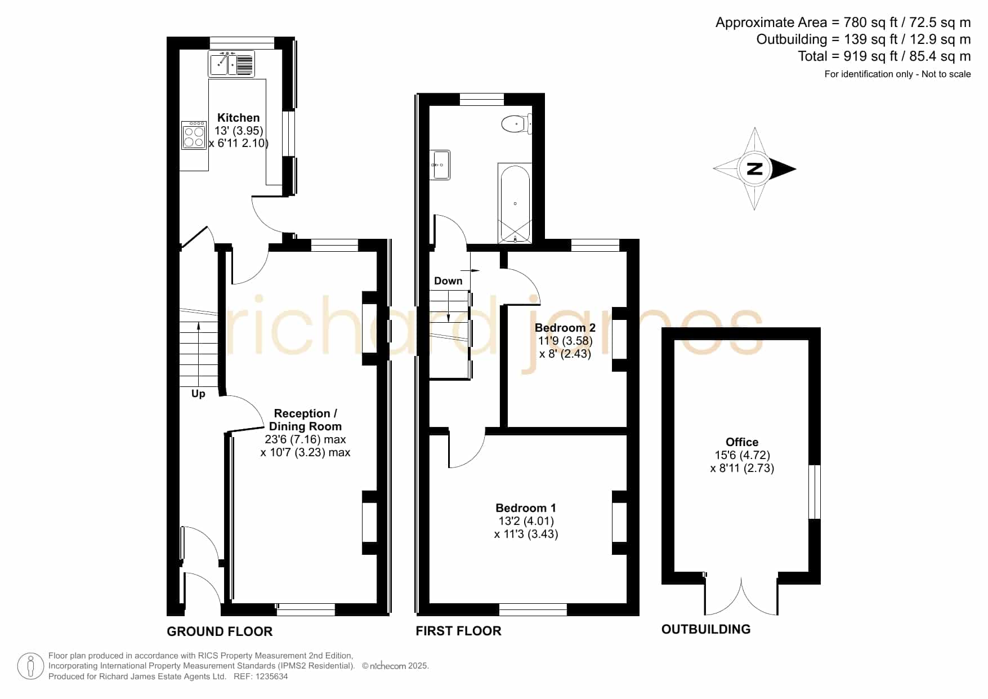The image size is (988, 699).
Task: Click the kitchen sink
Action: (231, 64)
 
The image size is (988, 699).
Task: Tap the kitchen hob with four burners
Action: (194, 135)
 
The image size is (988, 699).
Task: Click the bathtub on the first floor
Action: (515, 203)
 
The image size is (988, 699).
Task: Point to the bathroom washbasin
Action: (440, 164)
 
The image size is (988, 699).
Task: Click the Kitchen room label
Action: (239, 118)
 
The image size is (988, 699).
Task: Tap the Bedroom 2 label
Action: (565, 328)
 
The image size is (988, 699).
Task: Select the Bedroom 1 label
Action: (526, 508)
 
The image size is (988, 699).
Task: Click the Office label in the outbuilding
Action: (742, 442)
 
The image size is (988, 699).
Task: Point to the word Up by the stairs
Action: (198, 394)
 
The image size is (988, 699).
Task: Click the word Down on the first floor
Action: (448, 281)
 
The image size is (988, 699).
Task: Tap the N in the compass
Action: (754, 168)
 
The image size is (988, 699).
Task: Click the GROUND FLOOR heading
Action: (220, 631)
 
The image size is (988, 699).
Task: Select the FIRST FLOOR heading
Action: (458, 631)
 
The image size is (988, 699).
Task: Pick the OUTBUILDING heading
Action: (706, 629)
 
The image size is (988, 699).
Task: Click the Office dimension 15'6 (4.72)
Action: (742, 455)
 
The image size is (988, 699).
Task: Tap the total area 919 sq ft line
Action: (884, 56)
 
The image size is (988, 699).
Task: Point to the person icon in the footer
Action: (30, 666)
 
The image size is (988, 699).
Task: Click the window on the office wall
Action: (815, 492)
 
